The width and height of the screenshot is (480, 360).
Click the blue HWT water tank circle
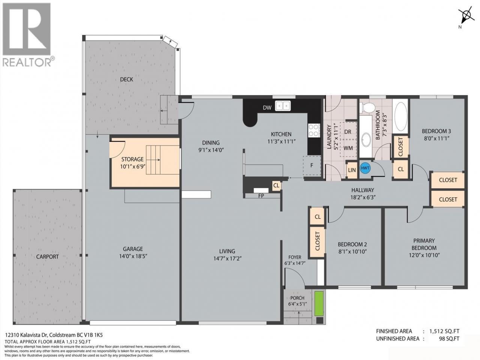[365, 168]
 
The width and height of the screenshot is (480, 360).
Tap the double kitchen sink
[283, 106]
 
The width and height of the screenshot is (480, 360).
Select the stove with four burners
[314, 130]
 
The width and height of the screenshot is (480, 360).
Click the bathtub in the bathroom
[400, 116]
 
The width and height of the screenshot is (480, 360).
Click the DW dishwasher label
[267, 108]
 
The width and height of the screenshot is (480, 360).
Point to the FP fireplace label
[261, 196]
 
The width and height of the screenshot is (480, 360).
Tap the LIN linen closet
[352, 170]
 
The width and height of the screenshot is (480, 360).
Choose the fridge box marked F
[312, 165]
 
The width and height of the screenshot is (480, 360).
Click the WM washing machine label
[348, 148]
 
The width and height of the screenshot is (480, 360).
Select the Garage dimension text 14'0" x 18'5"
[133, 256]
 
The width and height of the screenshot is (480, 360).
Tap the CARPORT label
[47, 256]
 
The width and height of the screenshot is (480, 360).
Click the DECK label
[127, 79]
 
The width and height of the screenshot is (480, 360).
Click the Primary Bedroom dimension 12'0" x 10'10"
[424, 255]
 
